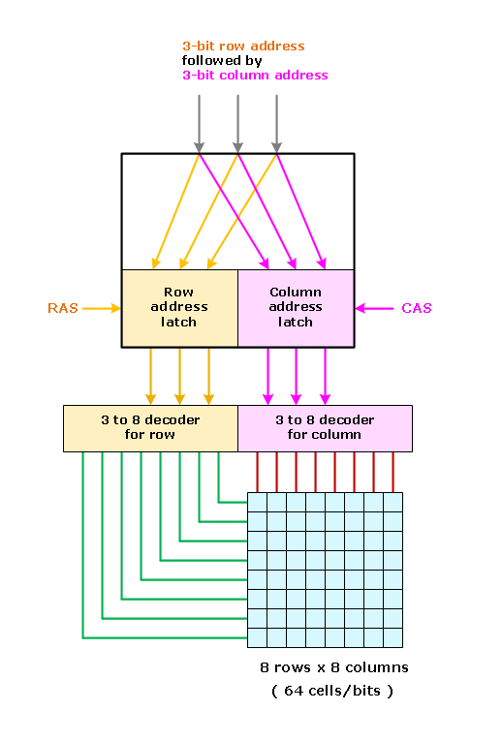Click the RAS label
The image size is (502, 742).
(x=63, y=308)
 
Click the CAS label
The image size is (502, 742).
(x=417, y=308)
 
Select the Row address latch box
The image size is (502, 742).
(x=180, y=308)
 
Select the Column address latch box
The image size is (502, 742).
(x=296, y=308)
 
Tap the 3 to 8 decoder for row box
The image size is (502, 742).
(x=150, y=428)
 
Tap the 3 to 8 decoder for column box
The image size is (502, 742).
(x=325, y=428)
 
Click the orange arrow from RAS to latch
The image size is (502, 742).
(x=102, y=309)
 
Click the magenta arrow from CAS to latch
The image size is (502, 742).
(x=374, y=309)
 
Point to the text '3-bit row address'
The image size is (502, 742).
(x=243, y=46)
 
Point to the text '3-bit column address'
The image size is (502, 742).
(x=255, y=76)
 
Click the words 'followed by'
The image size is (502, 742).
(x=222, y=61)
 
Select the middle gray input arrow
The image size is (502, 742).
(x=237, y=124)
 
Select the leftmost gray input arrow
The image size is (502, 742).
(x=199, y=124)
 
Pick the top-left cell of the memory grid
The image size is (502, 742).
(x=257, y=502)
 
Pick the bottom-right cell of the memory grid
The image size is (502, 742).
(x=393, y=638)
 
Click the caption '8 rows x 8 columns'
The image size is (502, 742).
(x=334, y=667)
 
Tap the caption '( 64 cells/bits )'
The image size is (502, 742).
(x=332, y=691)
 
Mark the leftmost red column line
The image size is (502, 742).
(x=257, y=473)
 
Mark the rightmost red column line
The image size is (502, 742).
(x=393, y=473)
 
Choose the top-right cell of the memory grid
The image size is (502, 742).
(x=393, y=502)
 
